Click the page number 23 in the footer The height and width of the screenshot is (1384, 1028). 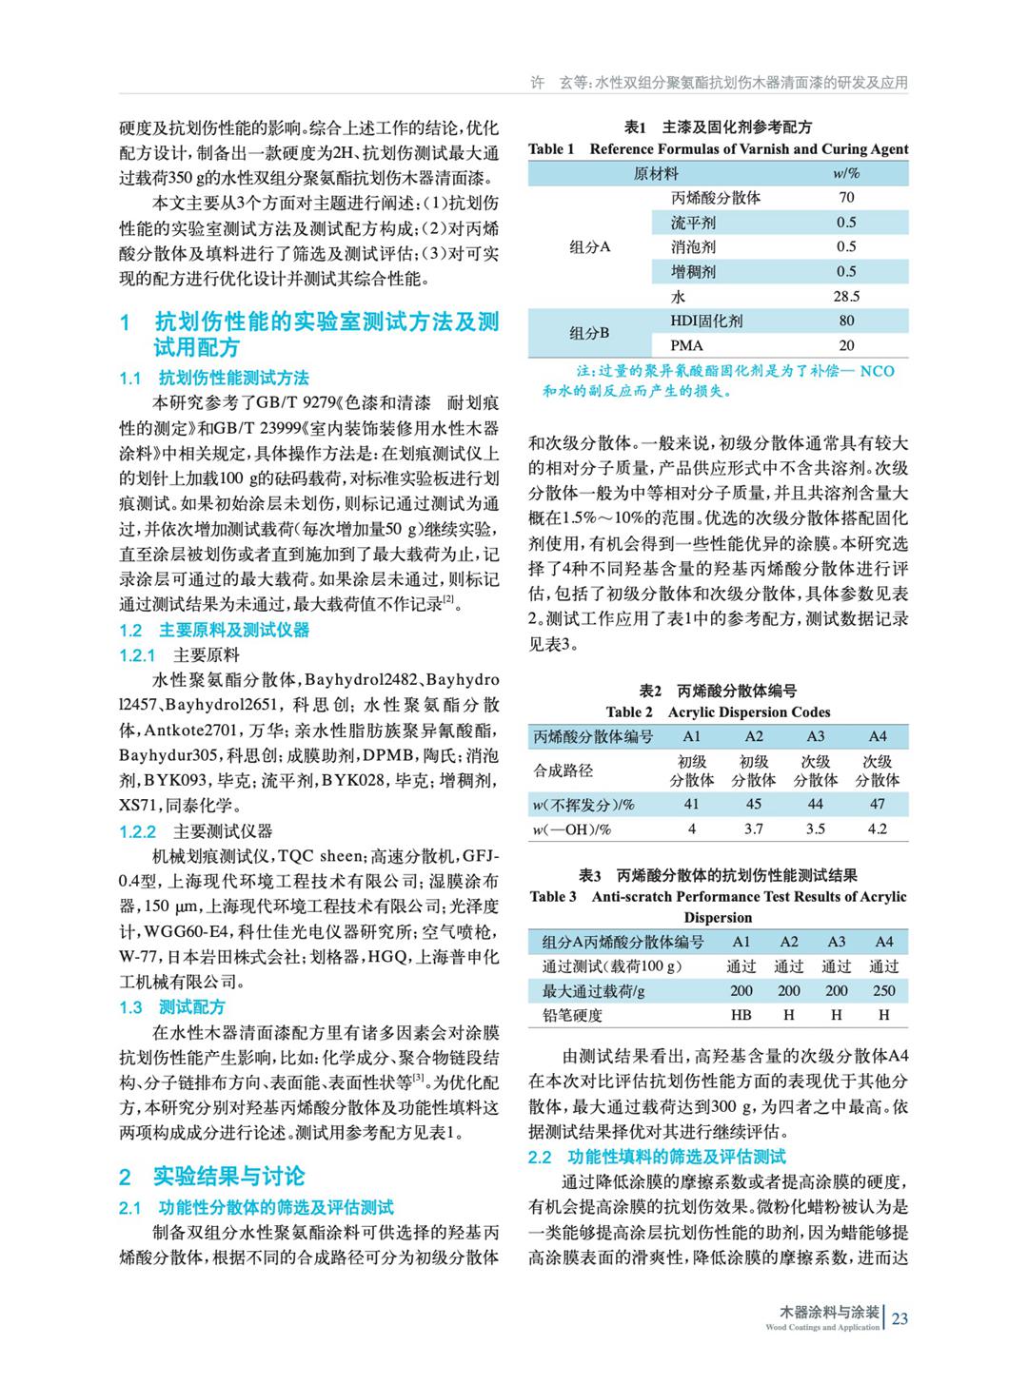coord(900,1317)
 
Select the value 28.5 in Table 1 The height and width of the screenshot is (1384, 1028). coord(846,296)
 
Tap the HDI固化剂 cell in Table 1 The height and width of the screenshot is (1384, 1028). coord(706,321)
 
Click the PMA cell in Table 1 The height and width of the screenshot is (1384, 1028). coord(687,345)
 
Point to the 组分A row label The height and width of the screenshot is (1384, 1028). coord(589,247)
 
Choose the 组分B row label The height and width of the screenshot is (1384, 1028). coord(589,333)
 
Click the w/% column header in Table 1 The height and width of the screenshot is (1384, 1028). coord(846,173)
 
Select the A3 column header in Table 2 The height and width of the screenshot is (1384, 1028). coord(816,736)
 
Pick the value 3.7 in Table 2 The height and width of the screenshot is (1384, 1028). coord(754,828)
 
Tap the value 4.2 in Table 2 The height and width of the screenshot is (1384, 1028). coord(877,828)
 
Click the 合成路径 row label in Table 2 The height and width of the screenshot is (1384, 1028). coord(563,770)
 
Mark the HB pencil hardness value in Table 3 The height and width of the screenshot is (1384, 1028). coord(741,1015)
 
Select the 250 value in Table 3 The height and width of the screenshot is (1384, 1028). coord(883,990)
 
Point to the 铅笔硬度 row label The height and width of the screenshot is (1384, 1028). coord(572,1015)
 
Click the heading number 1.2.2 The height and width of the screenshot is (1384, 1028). coord(137,831)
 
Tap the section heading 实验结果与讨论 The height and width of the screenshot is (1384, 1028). coord(228,1177)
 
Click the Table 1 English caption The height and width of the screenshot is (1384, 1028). coord(718,148)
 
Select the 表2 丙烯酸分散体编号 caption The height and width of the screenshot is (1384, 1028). coord(718,692)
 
